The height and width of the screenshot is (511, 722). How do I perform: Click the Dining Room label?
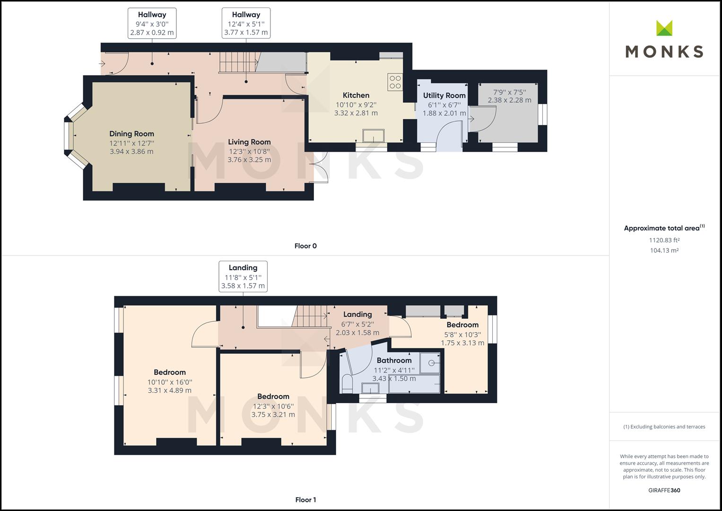click(131, 134)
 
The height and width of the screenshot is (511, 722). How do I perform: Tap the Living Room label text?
click(249, 142)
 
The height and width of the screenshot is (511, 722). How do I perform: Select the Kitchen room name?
click(356, 95)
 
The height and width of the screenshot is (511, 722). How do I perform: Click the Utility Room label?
click(444, 96)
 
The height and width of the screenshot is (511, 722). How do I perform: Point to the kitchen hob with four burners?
click(395, 82)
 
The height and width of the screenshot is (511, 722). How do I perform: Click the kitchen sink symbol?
click(374, 136)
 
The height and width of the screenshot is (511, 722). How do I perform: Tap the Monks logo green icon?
click(664, 28)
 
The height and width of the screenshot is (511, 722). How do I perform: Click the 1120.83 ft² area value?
click(664, 240)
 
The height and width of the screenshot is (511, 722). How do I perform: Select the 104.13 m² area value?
click(664, 251)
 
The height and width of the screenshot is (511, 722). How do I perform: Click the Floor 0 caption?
click(305, 246)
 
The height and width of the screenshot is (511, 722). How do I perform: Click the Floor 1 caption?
click(305, 500)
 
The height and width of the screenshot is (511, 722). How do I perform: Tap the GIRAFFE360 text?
click(664, 490)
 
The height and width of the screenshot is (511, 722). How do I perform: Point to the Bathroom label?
click(394, 361)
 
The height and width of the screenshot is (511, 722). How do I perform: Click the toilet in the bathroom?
click(347, 384)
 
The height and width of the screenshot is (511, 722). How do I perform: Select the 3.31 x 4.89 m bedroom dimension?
click(169, 390)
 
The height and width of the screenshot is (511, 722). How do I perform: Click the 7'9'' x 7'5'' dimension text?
click(509, 92)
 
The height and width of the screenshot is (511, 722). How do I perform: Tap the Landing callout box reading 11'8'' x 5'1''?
click(243, 276)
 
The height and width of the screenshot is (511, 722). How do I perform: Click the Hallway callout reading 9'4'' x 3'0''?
click(152, 23)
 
